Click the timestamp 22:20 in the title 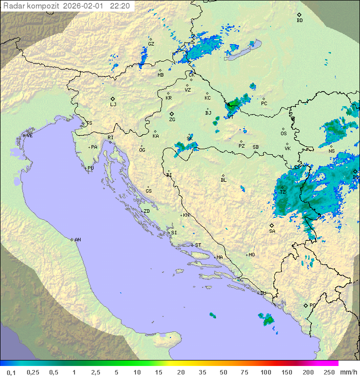tap(120, 6)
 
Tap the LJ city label tap(113, 104)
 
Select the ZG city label tap(172, 120)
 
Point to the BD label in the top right tap(299, 21)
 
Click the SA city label tap(272, 231)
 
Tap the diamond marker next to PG tap(305, 305)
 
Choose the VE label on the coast tap(29, 136)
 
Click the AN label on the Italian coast tap(77, 240)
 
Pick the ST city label tap(198, 245)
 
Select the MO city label tap(251, 255)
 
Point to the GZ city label tap(151, 44)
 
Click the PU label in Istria tap(90, 168)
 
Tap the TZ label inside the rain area tap(282, 192)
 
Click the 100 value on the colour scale tap(265, 372)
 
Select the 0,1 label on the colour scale tap(11, 372)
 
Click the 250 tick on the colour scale tap(328, 372)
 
